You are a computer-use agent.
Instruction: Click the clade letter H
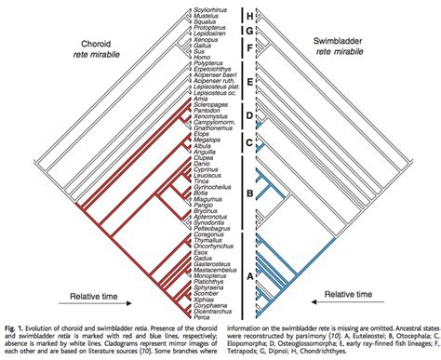(248, 15)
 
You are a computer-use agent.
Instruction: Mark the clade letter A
(248, 275)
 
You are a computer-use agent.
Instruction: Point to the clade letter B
(248, 193)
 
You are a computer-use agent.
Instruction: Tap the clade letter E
(248, 82)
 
